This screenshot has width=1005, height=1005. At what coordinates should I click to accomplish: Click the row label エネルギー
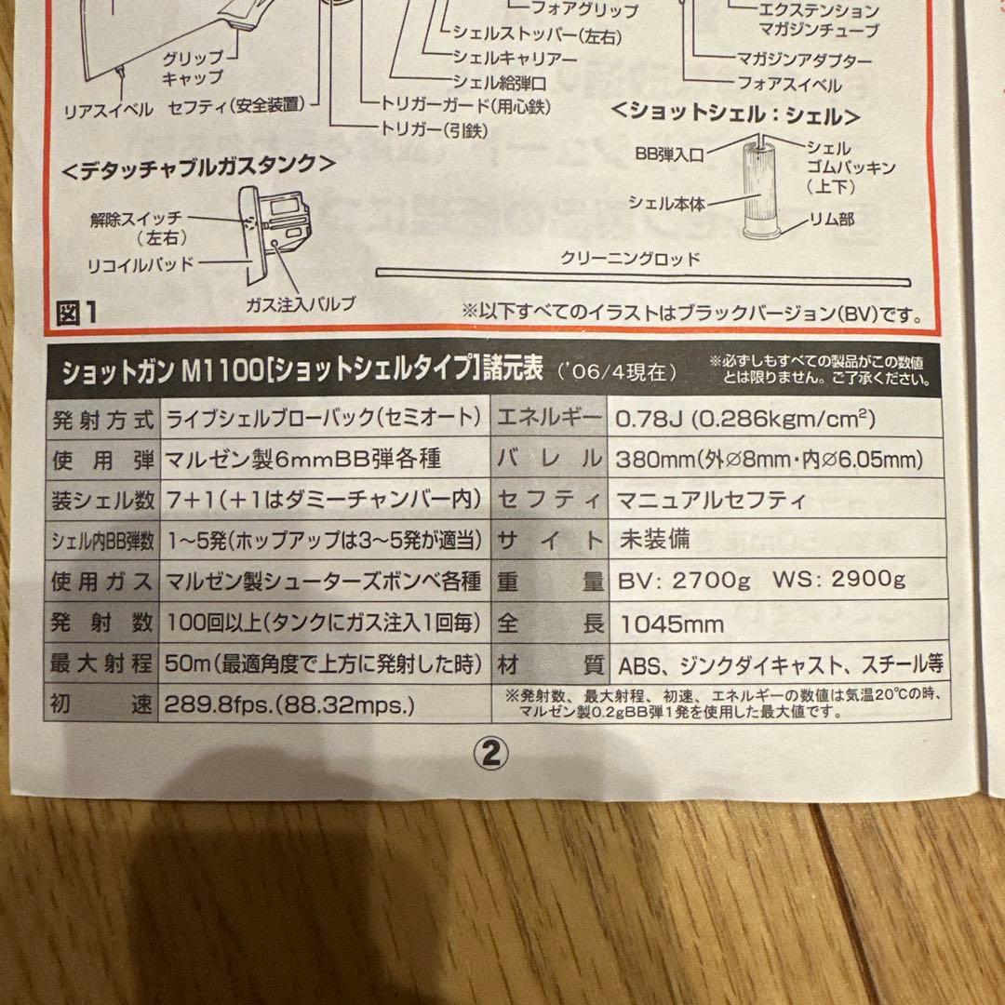click(551, 418)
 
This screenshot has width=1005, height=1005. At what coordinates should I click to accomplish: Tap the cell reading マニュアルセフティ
click(712, 500)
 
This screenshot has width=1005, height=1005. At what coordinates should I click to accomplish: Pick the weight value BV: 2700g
click(681, 582)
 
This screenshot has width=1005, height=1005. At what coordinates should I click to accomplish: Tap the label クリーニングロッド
click(629, 258)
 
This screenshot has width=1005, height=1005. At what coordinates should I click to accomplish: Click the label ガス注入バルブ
click(301, 303)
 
